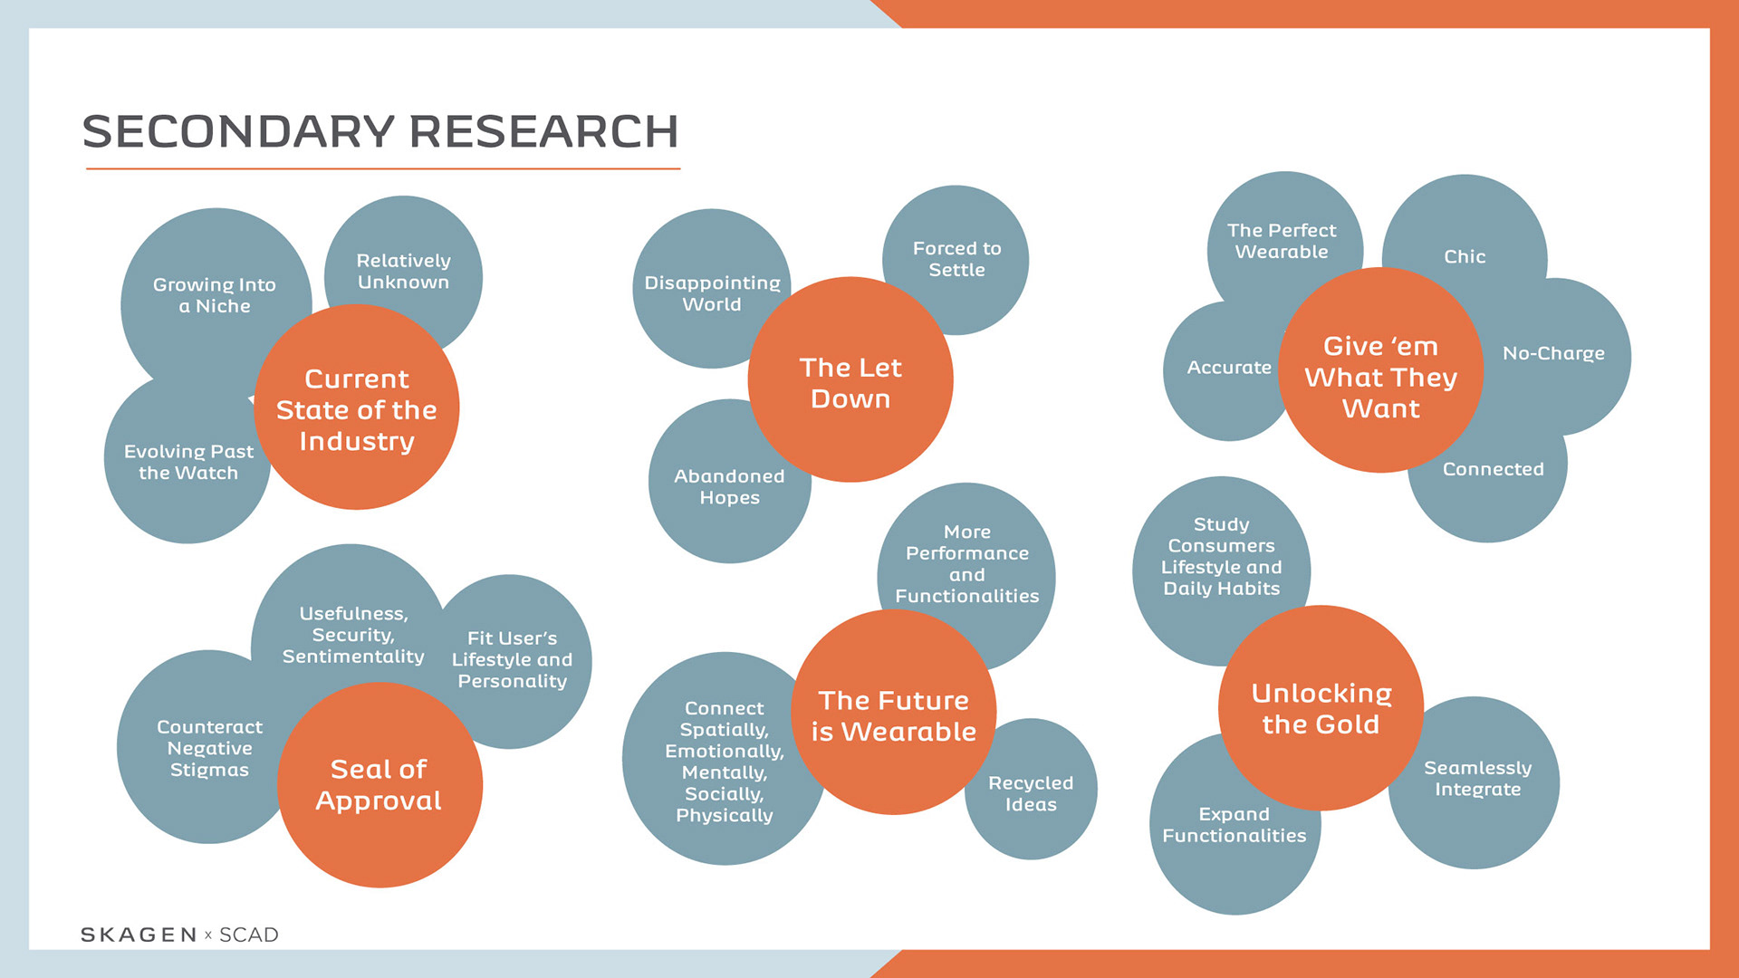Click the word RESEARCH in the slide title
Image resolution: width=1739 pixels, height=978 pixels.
(543, 132)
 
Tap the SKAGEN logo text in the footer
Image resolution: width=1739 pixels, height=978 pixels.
(139, 935)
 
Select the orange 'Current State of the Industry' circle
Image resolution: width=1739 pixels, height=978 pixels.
(357, 409)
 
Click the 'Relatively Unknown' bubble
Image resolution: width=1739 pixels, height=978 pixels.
(403, 271)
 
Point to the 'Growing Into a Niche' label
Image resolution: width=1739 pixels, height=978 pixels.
(215, 295)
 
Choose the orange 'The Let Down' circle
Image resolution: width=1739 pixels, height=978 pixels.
(850, 382)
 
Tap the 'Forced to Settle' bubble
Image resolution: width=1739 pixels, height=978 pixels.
(956, 259)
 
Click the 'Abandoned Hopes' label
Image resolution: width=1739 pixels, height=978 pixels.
(729, 486)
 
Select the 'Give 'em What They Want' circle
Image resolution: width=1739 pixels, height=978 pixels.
(1380, 377)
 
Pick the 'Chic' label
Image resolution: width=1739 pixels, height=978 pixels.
(1465, 256)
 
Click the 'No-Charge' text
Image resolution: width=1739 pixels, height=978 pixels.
(1553, 353)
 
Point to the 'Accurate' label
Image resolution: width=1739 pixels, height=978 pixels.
(1229, 367)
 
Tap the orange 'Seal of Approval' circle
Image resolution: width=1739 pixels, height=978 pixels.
(379, 785)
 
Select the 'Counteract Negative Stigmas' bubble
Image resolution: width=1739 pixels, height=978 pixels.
(209, 748)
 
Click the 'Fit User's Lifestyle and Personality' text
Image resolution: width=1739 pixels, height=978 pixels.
(512, 659)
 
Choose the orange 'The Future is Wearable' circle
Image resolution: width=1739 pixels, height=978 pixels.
(893, 715)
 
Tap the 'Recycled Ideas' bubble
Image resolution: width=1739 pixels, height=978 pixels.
(1031, 793)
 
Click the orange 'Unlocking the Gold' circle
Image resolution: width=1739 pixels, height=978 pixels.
(1321, 708)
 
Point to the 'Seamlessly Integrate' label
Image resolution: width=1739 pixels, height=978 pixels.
(1477, 778)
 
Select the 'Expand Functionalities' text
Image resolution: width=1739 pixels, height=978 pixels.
(1234, 824)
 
